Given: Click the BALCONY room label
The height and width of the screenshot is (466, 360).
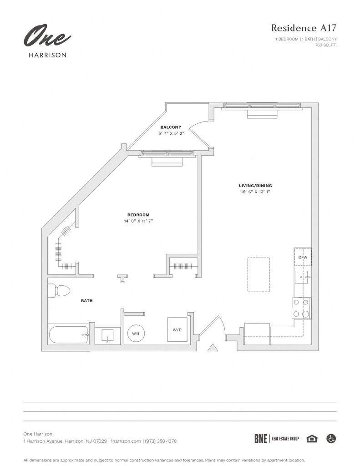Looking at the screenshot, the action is pos(171,127).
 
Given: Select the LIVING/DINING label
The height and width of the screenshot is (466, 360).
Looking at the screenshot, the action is pos(255,186).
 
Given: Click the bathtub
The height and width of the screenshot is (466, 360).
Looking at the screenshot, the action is pos(68,335).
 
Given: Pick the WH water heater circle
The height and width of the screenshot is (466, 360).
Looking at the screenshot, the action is pos(136,334).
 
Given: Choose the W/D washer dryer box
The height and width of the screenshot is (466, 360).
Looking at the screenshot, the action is pos(177,329).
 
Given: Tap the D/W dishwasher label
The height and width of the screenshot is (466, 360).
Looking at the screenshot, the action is pos(303,258).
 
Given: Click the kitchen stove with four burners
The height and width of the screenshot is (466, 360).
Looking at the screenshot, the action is pos(301,308).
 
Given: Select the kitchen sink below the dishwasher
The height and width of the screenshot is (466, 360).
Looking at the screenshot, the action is pos(302,277).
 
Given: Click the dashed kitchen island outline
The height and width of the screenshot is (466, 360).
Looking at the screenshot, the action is pos(259,274).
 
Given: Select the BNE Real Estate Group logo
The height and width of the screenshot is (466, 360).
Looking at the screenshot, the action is pos(276,439).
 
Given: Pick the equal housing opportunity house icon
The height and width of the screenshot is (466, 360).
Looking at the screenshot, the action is pos(312,439).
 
